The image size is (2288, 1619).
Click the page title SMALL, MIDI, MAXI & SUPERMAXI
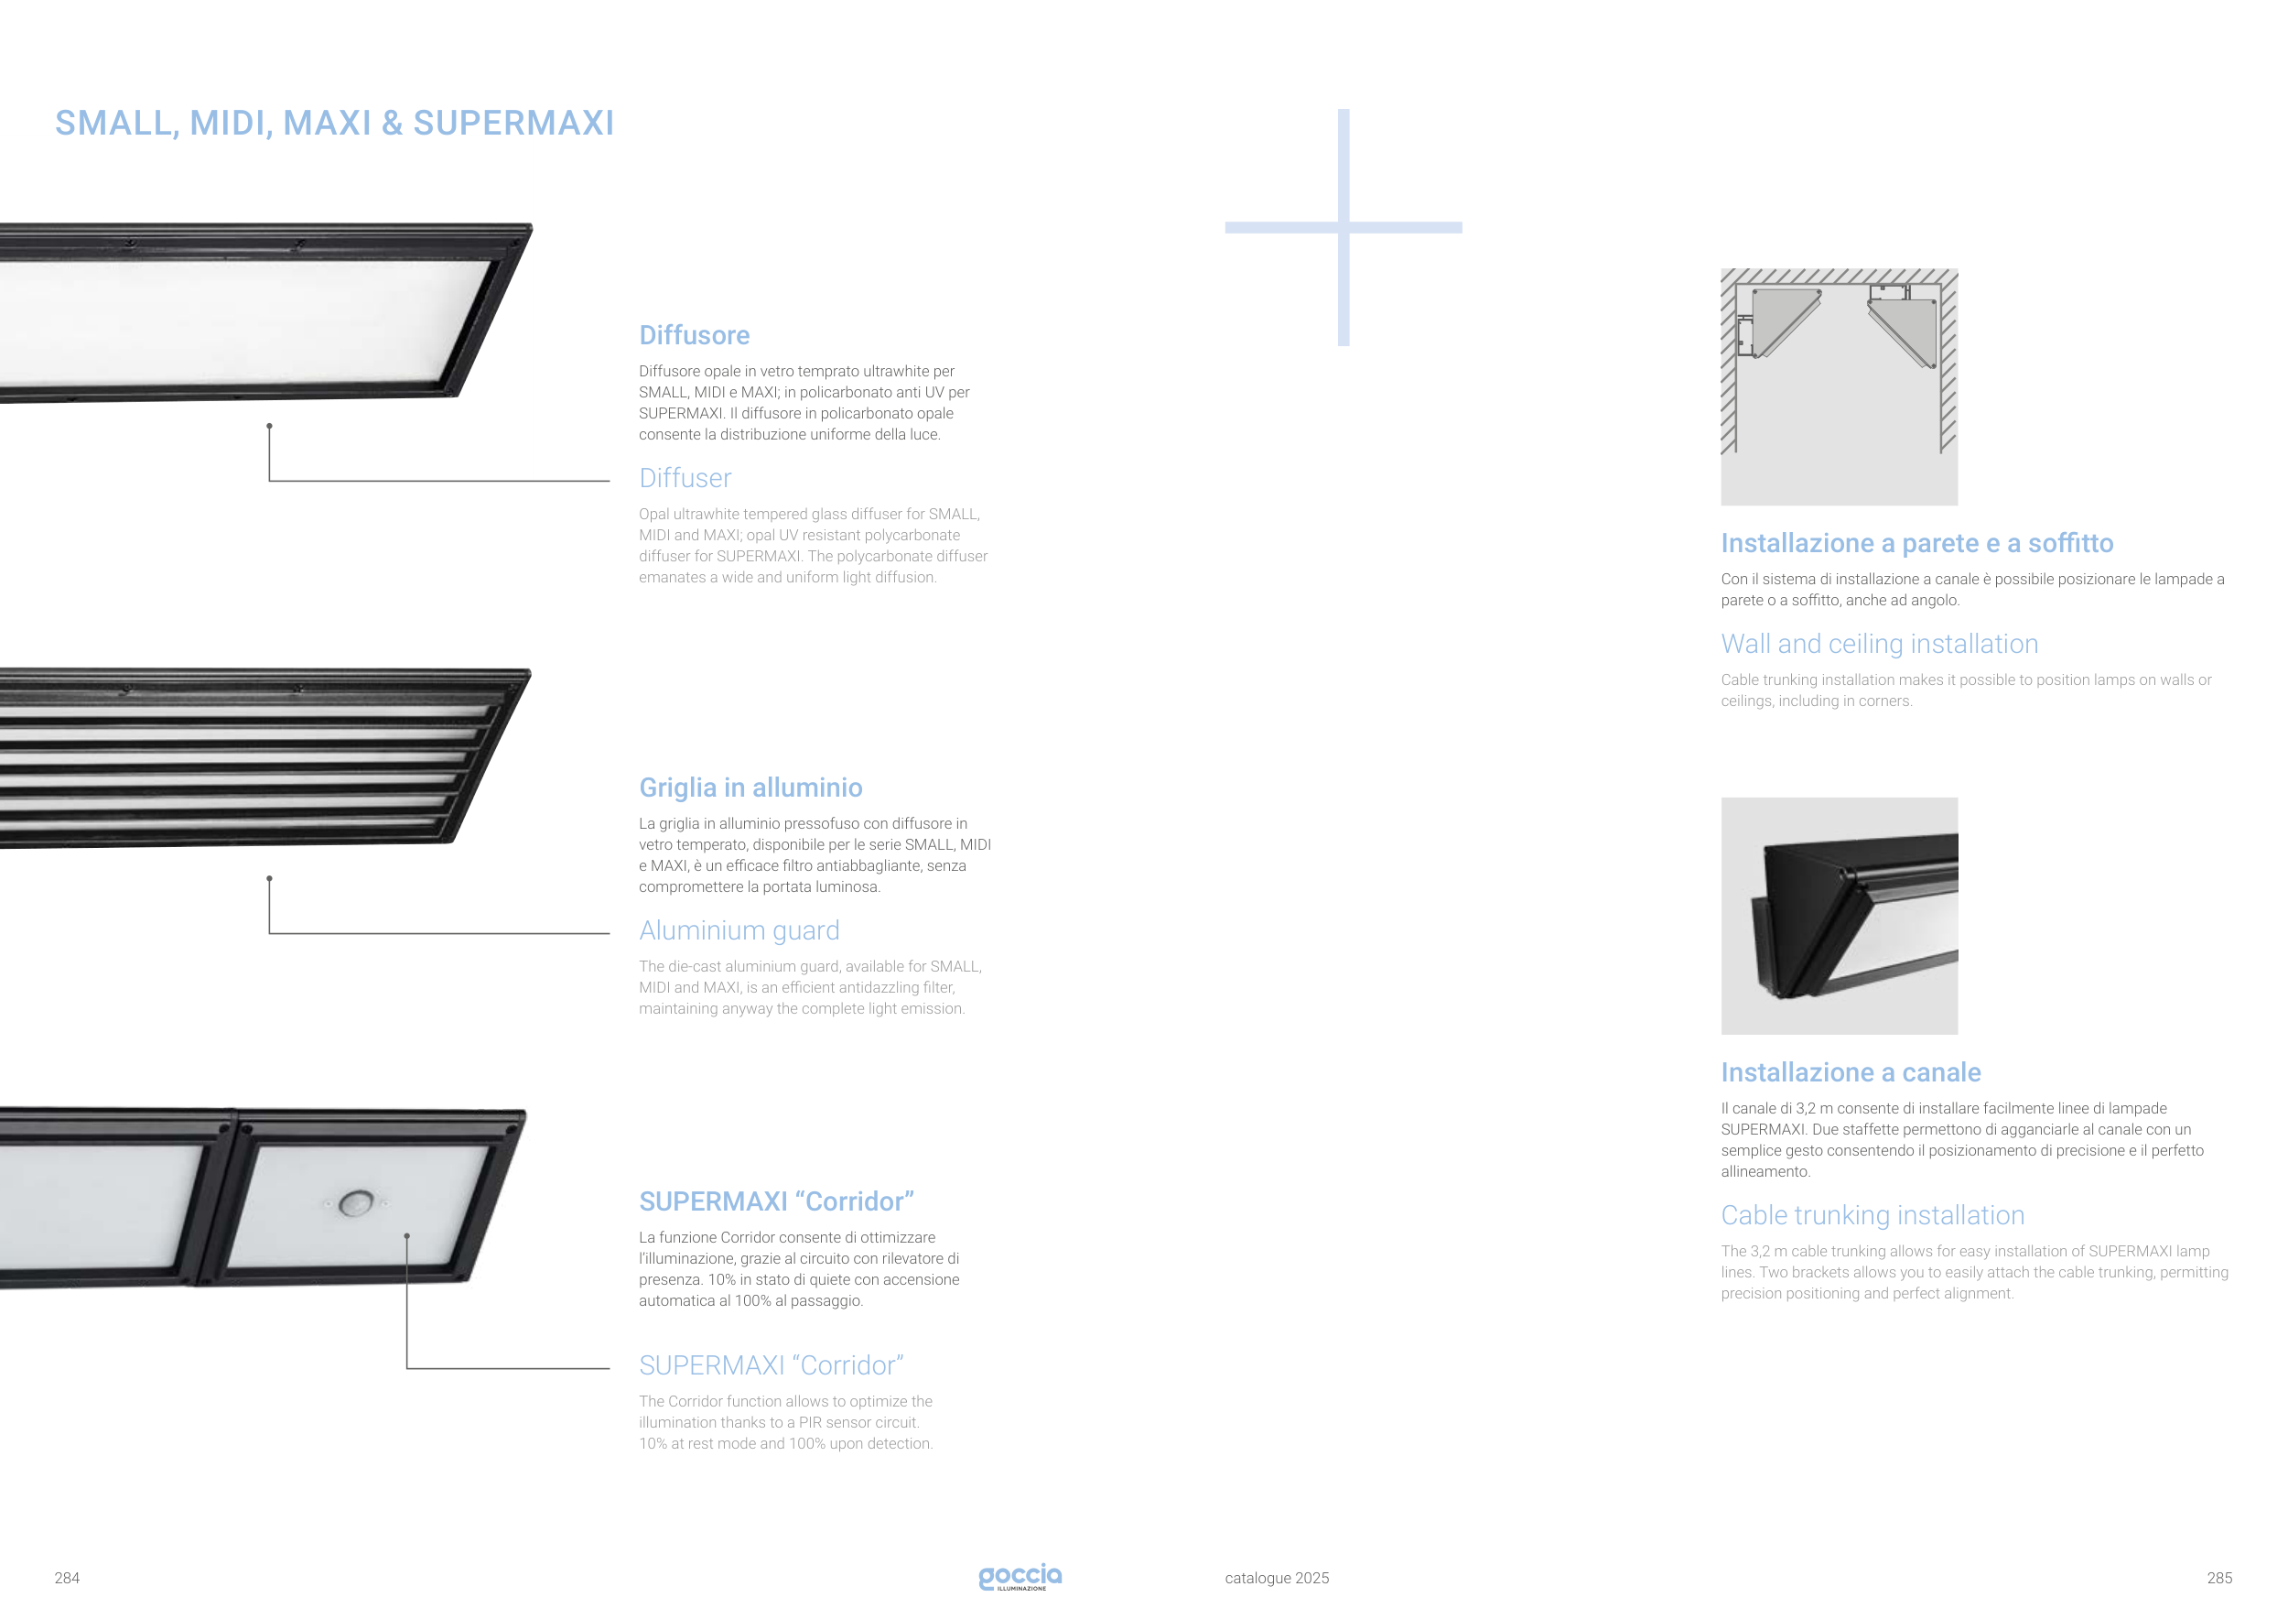click(334, 123)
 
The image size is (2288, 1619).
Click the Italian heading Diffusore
click(694, 335)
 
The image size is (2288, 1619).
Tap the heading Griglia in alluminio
click(750, 788)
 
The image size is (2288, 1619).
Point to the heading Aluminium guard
click(739, 930)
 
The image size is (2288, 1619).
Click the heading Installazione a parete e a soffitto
click(1916, 542)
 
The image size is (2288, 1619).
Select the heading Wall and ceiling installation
click(1880, 643)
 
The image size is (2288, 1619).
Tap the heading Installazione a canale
click(1851, 1071)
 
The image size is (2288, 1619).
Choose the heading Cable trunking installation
click(1872, 1215)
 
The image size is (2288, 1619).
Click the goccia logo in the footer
click(1020, 1576)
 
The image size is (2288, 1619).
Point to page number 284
click(67, 1578)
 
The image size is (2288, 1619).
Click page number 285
click(2219, 1578)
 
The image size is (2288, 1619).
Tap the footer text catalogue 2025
click(1277, 1578)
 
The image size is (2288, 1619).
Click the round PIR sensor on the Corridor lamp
click(356, 1203)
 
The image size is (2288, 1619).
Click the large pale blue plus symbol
click(1344, 227)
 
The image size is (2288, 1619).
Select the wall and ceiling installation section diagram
click(1839, 386)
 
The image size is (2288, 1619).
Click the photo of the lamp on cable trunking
click(1839, 915)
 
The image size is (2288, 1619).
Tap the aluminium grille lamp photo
click(264, 757)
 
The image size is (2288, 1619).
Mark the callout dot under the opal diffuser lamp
click(269, 426)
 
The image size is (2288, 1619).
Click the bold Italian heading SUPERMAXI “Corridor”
click(776, 1201)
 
